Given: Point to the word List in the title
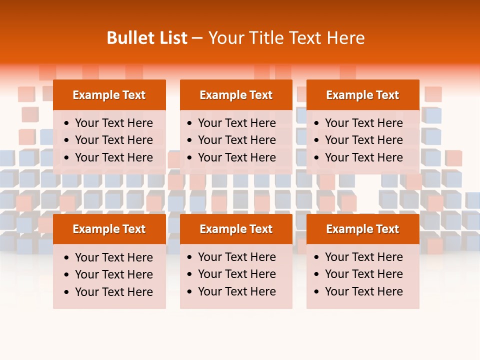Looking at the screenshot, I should pyautogui.click(x=172, y=38).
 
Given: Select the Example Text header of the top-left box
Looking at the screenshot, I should pyautogui.click(x=109, y=95).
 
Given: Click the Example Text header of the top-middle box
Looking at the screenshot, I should pyautogui.click(x=236, y=95).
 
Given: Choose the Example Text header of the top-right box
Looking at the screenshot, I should pyautogui.click(x=362, y=95).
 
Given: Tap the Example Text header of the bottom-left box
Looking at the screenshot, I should pyautogui.click(x=109, y=229).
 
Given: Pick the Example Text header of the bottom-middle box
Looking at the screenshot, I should pyautogui.click(x=236, y=229).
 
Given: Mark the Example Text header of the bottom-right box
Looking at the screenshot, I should pyautogui.click(x=362, y=229).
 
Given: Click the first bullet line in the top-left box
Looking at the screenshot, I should pyautogui.click(x=114, y=123).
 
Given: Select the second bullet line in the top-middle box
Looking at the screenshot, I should pyautogui.click(x=237, y=140).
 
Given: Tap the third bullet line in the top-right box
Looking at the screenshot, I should pyautogui.click(x=364, y=157).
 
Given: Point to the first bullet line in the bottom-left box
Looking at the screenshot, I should pyautogui.click(x=114, y=257).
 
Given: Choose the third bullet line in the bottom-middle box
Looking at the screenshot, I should pyautogui.click(x=237, y=291).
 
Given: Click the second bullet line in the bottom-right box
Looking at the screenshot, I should pyautogui.click(x=364, y=274).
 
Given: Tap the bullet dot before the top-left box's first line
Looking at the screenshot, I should pyautogui.click(x=67, y=123).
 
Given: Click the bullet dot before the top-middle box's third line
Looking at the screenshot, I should pyautogui.click(x=189, y=158).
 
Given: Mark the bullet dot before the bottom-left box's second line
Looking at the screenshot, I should pyautogui.click(x=67, y=275).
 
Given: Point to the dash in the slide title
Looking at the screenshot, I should pyautogui.click(x=197, y=38).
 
